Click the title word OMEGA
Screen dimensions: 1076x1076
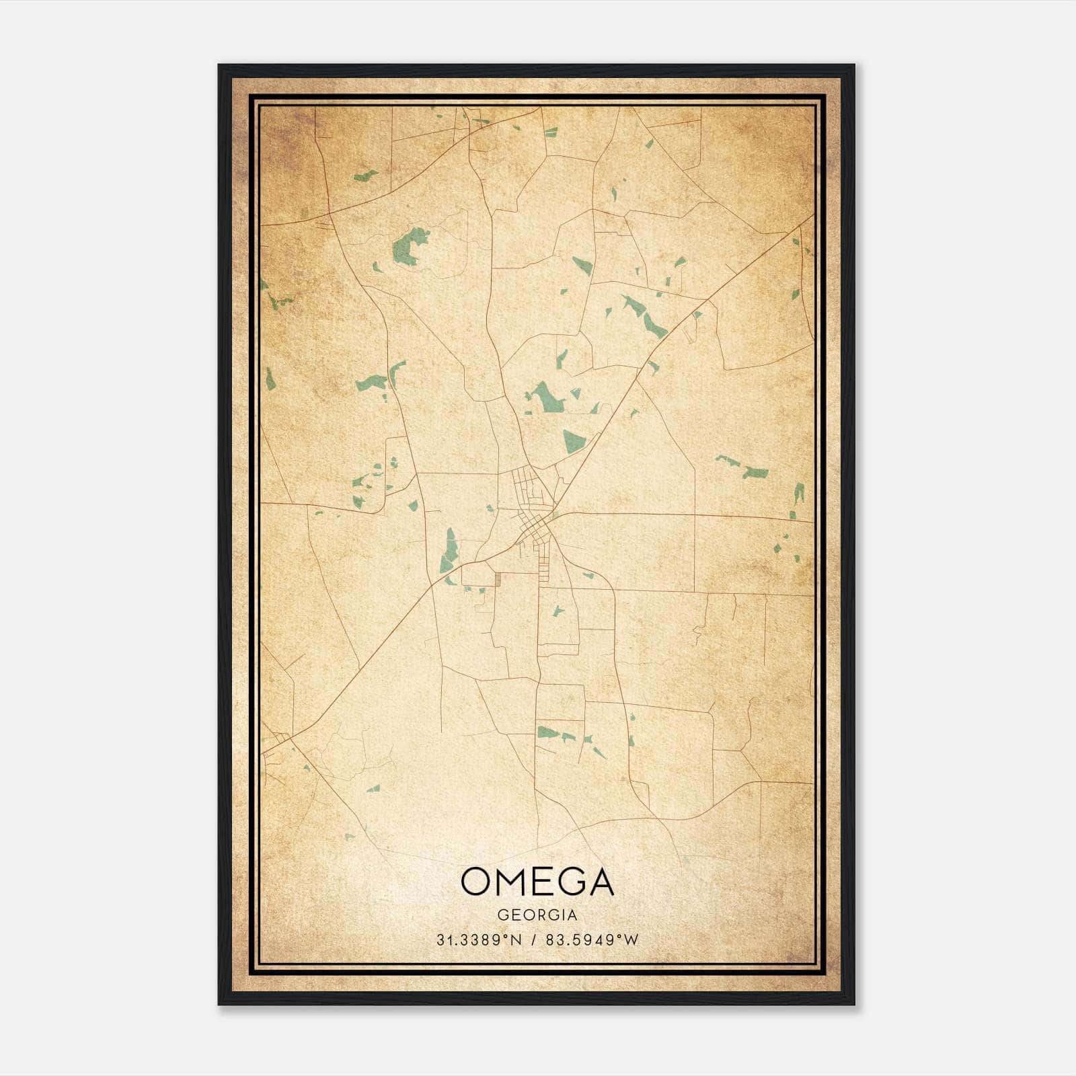(537, 882)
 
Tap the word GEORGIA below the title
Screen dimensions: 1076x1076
(537, 915)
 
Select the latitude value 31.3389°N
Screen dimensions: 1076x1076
(479, 940)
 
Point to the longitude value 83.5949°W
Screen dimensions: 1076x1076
(592, 940)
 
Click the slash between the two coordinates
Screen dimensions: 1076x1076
(534, 940)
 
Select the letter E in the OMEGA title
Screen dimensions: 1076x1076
(543, 882)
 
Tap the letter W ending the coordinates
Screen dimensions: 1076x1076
(631, 940)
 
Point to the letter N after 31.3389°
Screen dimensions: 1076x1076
(516, 940)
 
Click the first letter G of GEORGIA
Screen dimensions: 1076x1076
(502, 915)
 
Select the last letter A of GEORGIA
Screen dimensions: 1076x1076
(572, 915)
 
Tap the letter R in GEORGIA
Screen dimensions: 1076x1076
(538, 915)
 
